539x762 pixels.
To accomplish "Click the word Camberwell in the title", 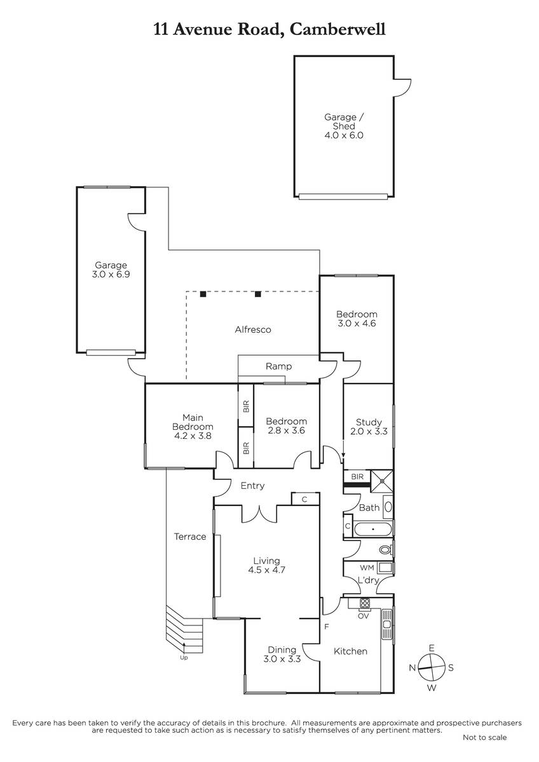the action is coord(338,29).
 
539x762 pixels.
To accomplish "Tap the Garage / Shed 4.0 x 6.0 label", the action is coord(344,126).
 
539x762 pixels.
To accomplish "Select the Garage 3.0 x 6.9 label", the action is coord(111,269).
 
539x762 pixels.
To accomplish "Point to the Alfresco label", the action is coord(253,330).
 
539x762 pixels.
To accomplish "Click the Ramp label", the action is coord(278,366).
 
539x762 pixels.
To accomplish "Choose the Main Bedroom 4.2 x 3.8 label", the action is coord(193,427).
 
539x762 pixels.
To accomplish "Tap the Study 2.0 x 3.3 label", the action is coord(369,427).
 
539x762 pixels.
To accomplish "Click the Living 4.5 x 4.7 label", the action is coord(266,565).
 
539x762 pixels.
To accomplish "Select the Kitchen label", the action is coord(350,651).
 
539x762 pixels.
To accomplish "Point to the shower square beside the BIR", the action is coord(382,481).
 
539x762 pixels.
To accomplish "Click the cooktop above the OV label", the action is coord(365,603).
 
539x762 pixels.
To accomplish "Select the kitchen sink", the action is coord(386,624).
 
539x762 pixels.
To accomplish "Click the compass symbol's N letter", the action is coord(412,668).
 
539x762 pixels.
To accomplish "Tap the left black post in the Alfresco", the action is coord(203,294).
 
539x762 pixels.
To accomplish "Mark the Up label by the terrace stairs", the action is coord(184,658).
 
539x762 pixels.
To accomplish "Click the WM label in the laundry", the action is coord(367,568).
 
